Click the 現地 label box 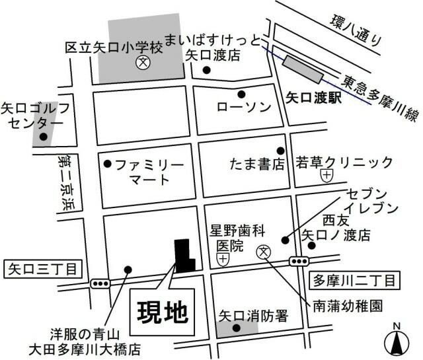(163, 309)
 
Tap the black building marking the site (182, 254)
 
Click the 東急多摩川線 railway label (379, 98)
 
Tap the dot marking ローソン (242, 94)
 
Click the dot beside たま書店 (280, 151)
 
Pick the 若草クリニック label (344, 162)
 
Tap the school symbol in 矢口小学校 (141, 64)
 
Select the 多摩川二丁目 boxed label (354, 281)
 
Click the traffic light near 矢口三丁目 (100, 284)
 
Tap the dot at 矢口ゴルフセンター (44, 137)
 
